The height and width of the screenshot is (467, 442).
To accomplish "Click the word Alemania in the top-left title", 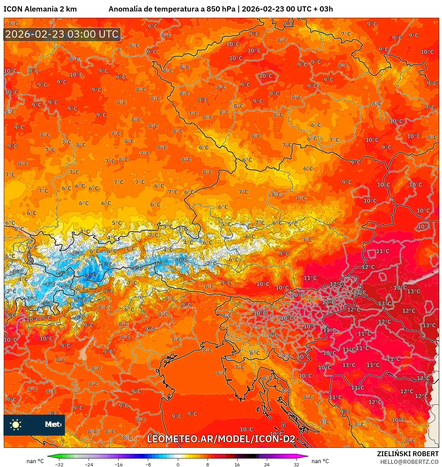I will click(41, 9).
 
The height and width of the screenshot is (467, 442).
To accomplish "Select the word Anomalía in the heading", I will click(125, 9).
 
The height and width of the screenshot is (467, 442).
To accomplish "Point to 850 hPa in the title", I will click(220, 9).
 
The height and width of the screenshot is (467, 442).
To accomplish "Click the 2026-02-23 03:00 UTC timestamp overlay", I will click(62, 34).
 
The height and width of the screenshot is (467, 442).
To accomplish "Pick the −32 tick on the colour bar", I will click(59, 464).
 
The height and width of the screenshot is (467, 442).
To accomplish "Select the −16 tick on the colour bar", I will click(119, 464).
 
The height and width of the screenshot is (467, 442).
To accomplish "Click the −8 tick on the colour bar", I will click(148, 464).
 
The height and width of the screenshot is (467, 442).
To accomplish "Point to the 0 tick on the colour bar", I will click(178, 464).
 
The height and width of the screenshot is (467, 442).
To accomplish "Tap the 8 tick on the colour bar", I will click(208, 464).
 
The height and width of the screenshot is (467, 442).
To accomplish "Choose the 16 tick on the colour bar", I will click(237, 464).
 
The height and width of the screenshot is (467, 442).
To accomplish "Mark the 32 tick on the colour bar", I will click(296, 464).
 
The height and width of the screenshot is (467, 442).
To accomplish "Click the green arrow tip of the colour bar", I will click(49, 456).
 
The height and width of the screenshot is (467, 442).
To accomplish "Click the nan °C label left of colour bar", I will click(35, 461).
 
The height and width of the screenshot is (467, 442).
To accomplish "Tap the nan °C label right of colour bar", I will click(320, 461).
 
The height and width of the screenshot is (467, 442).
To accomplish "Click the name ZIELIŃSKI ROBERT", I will click(408, 454).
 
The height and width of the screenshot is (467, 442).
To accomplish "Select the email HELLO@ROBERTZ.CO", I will click(409, 462).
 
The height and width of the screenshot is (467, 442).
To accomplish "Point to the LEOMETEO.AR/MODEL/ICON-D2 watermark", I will click(221, 439).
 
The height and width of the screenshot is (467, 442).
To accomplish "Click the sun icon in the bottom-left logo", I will click(16, 424).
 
